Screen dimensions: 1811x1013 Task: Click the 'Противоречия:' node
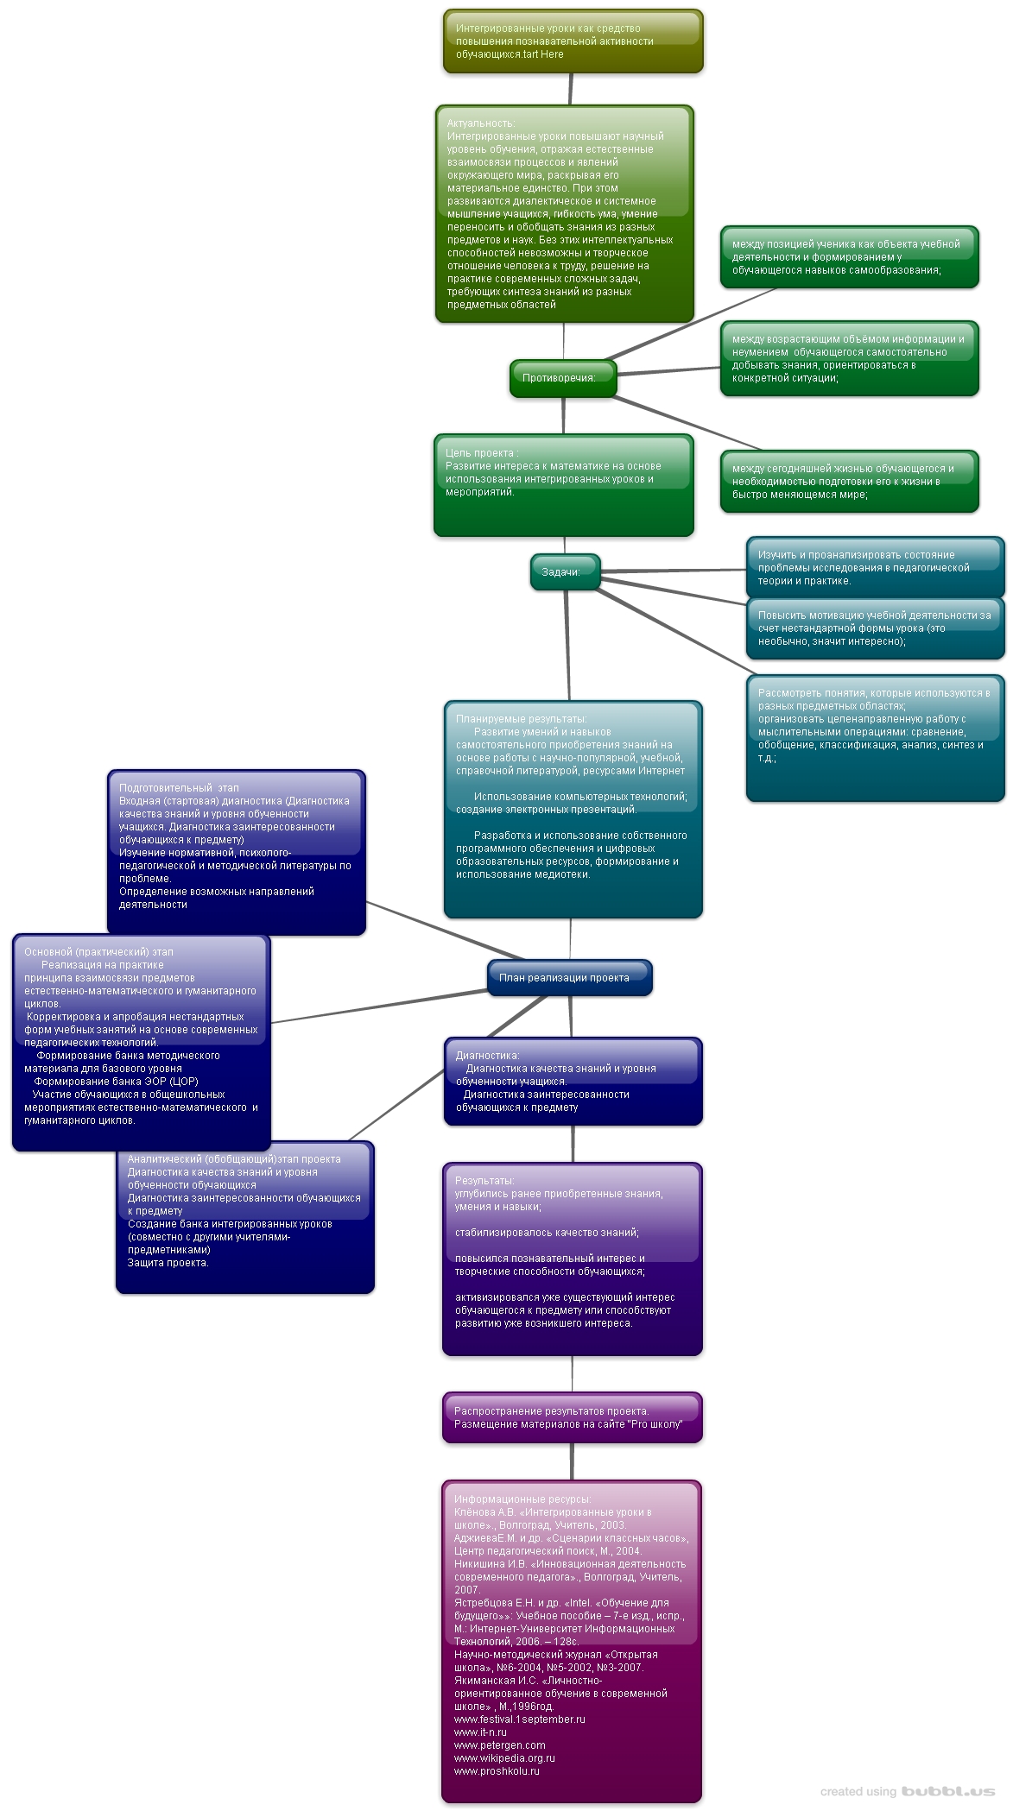pyautogui.click(x=559, y=378)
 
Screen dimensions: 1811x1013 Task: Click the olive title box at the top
pyautogui.click(x=573, y=41)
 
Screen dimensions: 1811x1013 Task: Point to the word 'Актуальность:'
pyautogui.click(x=481, y=123)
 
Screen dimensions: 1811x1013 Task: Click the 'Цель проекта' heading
pyautogui.click(x=482, y=453)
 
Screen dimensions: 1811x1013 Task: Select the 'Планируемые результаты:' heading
pyautogui.click(x=522, y=719)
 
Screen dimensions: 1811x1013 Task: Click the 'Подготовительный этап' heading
pyautogui.click(x=179, y=788)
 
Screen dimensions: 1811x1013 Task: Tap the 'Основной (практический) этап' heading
pyautogui.click(x=98, y=952)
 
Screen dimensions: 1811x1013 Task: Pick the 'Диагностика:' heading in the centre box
pyautogui.click(x=488, y=1056)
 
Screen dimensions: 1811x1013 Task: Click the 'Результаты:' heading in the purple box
pyautogui.click(x=484, y=1181)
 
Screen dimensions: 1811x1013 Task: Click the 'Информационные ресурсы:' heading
pyautogui.click(x=522, y=1499)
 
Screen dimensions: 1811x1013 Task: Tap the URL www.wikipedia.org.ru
pyautogui.click(x=504, y=1758)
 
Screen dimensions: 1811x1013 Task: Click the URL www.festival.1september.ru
pyautogui.click(x=519, y=1720)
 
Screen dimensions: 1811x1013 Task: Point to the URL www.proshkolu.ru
pyautogui.click(x=497, y=1771)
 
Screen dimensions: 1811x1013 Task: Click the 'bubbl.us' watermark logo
pyautogui.click(x=947, y=1792)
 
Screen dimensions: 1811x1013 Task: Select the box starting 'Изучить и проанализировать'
pyautogui.click(x=874, y=568)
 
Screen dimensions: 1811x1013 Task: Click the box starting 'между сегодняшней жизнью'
pyautogui.click(x=849, y=482)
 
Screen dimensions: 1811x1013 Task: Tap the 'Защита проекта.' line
pyautogui.click(x=168, y=1263)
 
